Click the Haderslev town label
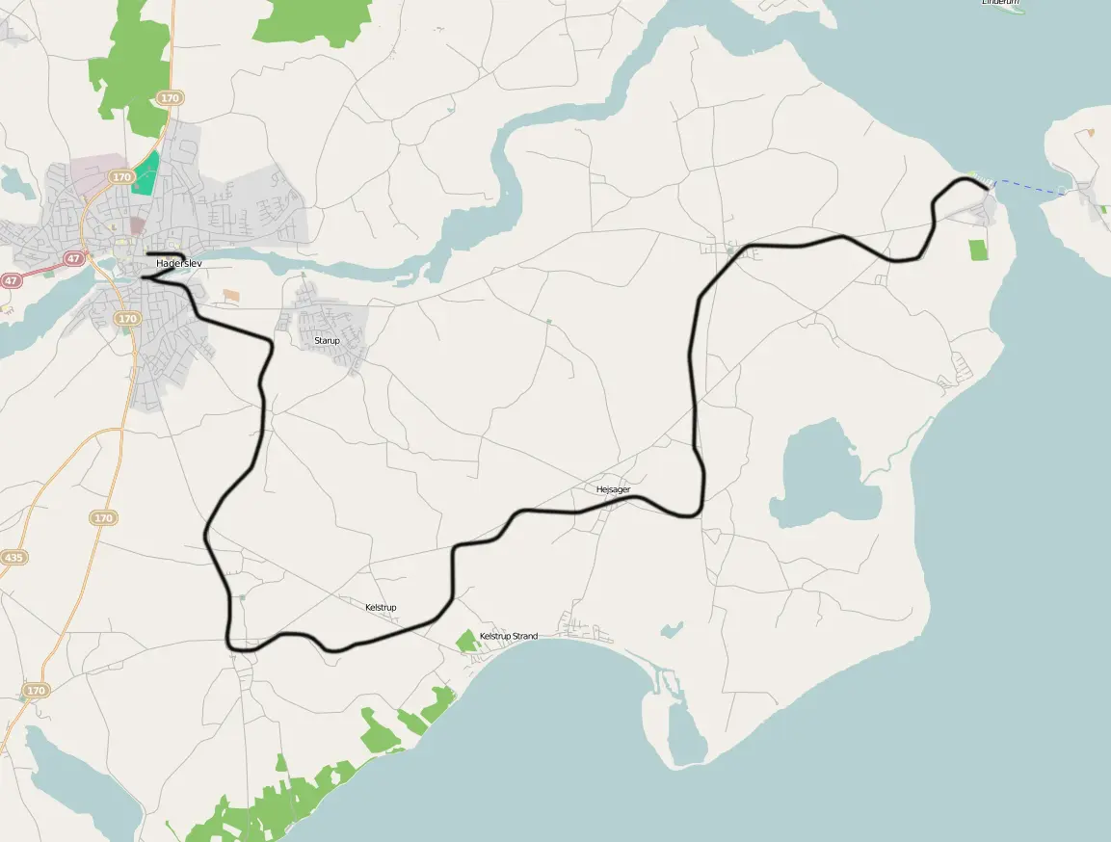pyautogui.click(x=179, y=263)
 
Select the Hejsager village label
pyautogui.click(x=613, y=490)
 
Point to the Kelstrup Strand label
pyautogui.click(x=509, y=637)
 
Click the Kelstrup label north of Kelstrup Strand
pyautogui.click(x=381, y=608)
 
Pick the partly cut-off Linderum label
pyautogui.click(x=999, y=3)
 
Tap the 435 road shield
pyautogui.click(x=14, y=558)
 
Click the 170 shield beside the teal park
pyautogui.click(x=121, y=177)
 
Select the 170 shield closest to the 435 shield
pyautogui.click(x=104, y=518)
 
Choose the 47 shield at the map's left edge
pyautogui.click(x=11, y=280)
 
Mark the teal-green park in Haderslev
pyautogui.click(x=145, y=174)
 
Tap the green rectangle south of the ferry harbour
pyautogui.click(x=979, y=250)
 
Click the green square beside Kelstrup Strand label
pyautogui.click(x=467, y=640)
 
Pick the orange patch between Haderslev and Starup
pyautogui.click(x=231, y=294)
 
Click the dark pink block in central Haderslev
pyautogui.click(x=137, y=224)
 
